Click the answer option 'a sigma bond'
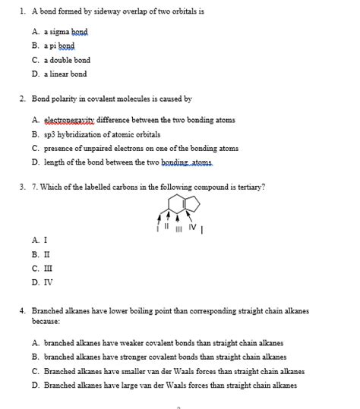pos(65,32)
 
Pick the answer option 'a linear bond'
pos(65,74)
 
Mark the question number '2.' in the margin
pos(24,99)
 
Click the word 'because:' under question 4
pos(46,321)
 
